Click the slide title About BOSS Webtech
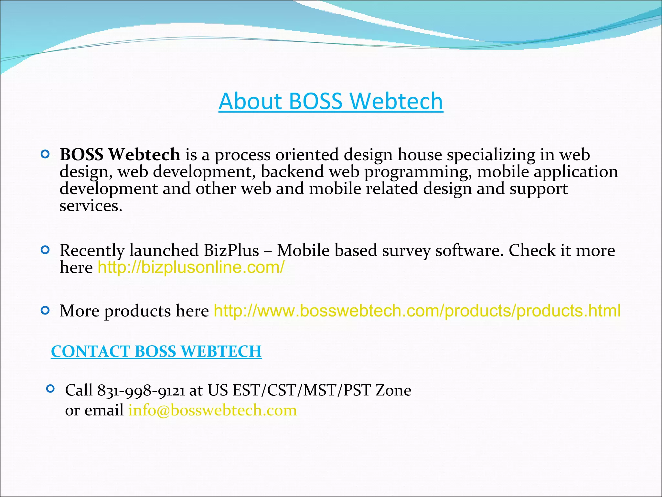click(x=331, y=101)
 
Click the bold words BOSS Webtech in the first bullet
click(x=120, y=154)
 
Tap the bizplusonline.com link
click(x=191, y=268)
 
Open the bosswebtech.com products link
click(x=417, y=311)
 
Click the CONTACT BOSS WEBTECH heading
click(x=156, y=351)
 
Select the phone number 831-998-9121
click(x=141, y=391)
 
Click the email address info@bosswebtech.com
click(x=213, y=410)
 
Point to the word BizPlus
click(x=231, y=250)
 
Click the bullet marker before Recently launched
click(x=45, y=250)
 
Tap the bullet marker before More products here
click(x=45, y=311)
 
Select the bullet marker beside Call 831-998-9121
click(x=50, y=389)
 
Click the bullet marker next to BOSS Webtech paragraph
click(x=45, y=154)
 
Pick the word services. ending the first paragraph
click(x=91, y=206)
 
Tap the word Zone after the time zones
click(x=393, y=391)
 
